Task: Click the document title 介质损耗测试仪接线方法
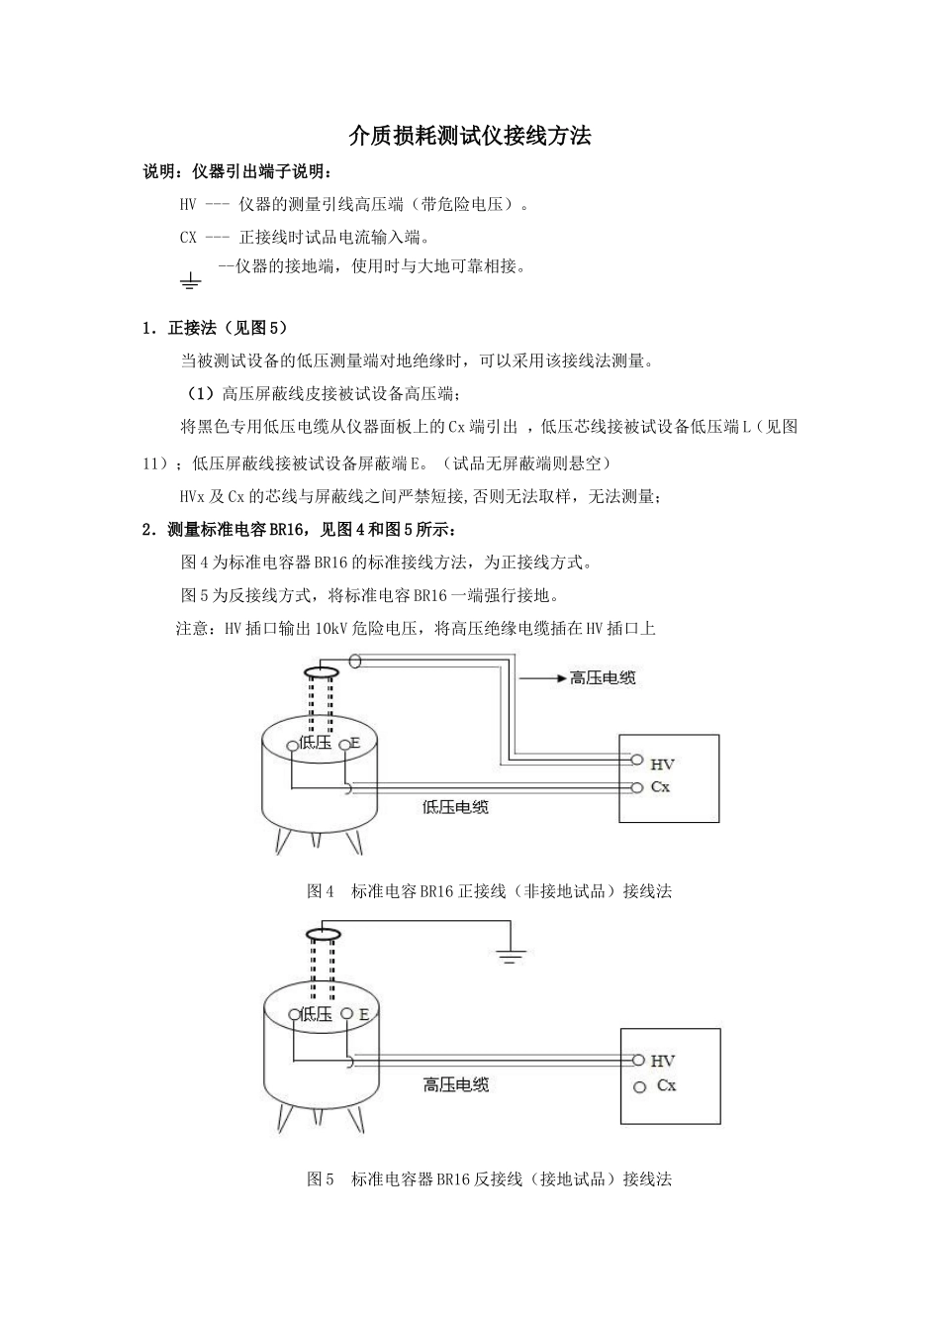(470, 137)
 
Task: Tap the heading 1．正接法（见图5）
(215, 328)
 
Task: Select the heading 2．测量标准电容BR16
(300, 530)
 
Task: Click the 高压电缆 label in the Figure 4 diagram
(603, 678)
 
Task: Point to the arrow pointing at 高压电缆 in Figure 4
(540, 678)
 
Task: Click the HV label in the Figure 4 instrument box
(662, 764)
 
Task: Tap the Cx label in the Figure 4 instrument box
(660, 787)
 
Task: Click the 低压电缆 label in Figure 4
(455, 807)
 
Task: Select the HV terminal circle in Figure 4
(636, 761)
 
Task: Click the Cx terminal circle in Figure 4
(636, 787)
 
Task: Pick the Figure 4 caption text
(490, 891)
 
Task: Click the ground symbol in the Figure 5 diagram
(511, 957)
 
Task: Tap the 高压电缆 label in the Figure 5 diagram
(456, 1084)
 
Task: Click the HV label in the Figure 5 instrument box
(662, 1061)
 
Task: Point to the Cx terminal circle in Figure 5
(639, 1087)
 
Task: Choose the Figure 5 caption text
(490, 1179)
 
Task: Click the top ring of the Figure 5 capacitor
(323, 934)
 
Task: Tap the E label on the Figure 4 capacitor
(354, 744)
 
